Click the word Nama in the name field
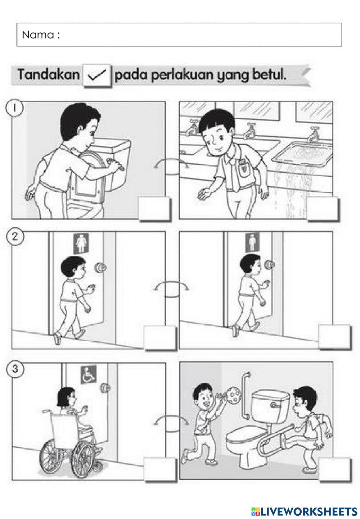(x=38, y=35)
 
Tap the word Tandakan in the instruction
(x=49, y=75)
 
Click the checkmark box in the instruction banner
(x=97, y=76)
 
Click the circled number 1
(x=14, y=108)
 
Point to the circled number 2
(x=14, y=237)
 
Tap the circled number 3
(x=14, y=369)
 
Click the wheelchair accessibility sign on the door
(x=89, y=374)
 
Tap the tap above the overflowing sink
(x=313, y=135)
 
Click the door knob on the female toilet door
(x=100, y=268)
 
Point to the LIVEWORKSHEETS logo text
(x=304, y=511)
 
